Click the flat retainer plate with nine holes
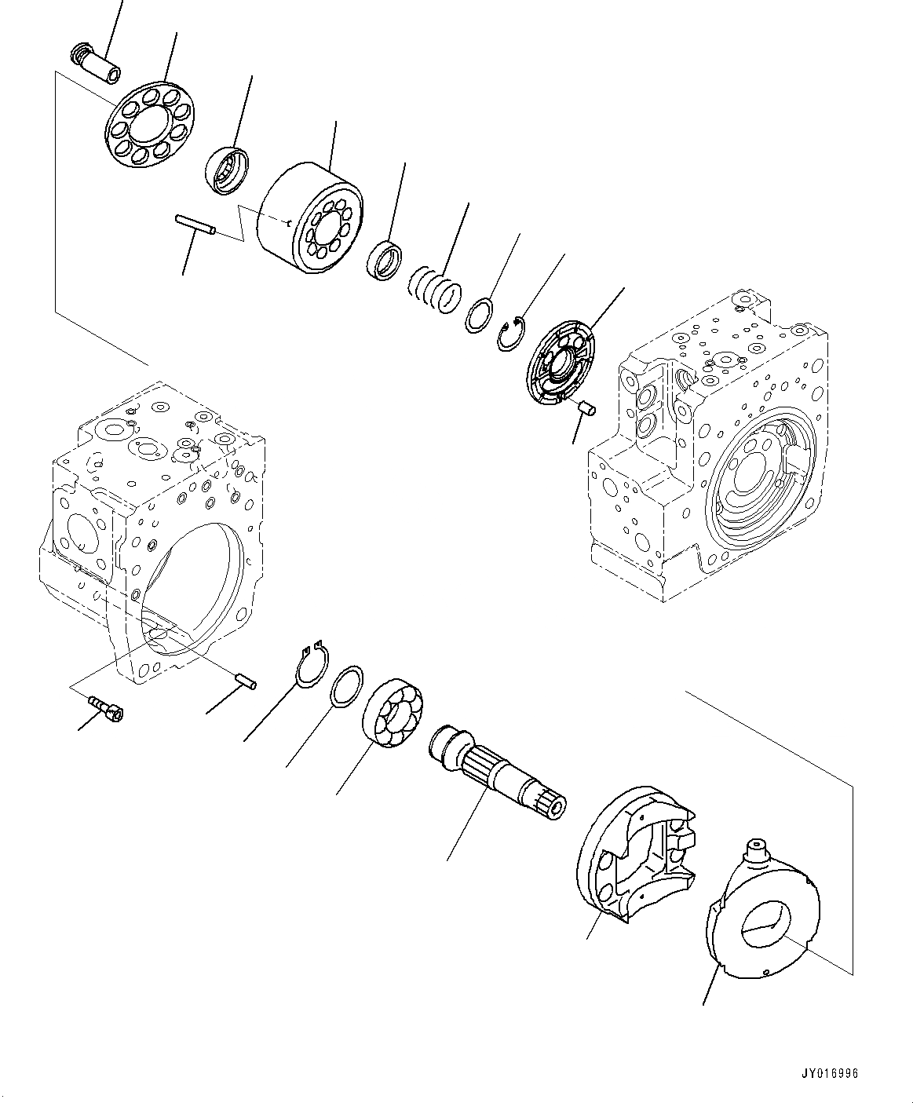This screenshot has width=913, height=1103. (153, 125)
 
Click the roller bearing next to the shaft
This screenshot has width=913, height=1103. (393, 714)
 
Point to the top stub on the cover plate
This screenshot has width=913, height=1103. (758, 849)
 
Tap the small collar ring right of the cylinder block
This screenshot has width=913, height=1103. (385, 260)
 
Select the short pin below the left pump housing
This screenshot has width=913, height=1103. (244, 681)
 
